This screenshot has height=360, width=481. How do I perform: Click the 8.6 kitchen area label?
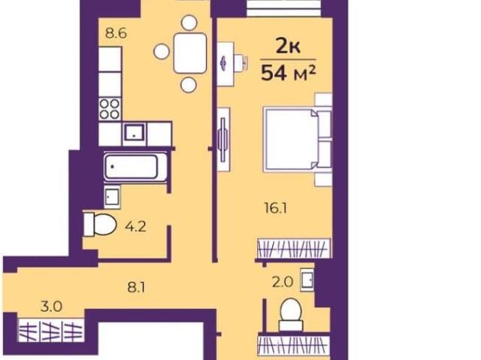[x=116, y=33]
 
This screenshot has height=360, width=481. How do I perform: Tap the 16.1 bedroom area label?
[x=276, y=208]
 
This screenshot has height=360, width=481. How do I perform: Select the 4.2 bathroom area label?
[x=135, y=227]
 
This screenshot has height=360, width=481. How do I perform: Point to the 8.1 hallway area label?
[x=136, y=288]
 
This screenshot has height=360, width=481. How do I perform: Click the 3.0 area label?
[x=51, y=307]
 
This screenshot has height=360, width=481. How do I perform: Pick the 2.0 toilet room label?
[x=283, y=282]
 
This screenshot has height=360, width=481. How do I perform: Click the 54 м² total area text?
[x=288, y=74]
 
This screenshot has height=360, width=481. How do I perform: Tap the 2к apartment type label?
[x=288, y=47]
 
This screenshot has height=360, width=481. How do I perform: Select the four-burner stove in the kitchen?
[x=110, y=109]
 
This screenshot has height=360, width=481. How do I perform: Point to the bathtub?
[x=132, y=167]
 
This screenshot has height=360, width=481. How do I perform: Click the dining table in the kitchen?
[x=190, y=53]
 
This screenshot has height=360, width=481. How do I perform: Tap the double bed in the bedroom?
[x=298, y=139]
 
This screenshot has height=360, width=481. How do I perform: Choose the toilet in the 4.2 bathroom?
[x=100, y=224]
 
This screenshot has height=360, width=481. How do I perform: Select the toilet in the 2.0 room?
[x=291, y=314]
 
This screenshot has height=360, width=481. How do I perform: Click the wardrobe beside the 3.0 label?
[x=51, y=330]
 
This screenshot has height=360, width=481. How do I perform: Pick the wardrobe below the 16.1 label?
[x=294, y=248]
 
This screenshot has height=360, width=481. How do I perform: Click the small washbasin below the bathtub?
[x=112, y=197]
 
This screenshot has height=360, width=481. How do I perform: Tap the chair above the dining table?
[x=189, y=23]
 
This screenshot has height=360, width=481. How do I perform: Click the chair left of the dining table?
[x=162, y=51]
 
